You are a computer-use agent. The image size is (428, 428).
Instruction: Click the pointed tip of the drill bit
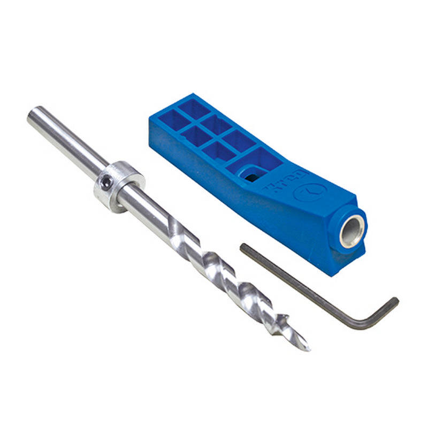(x=307, y=348)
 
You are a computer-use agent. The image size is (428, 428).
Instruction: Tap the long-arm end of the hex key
(x=243, y=247)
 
